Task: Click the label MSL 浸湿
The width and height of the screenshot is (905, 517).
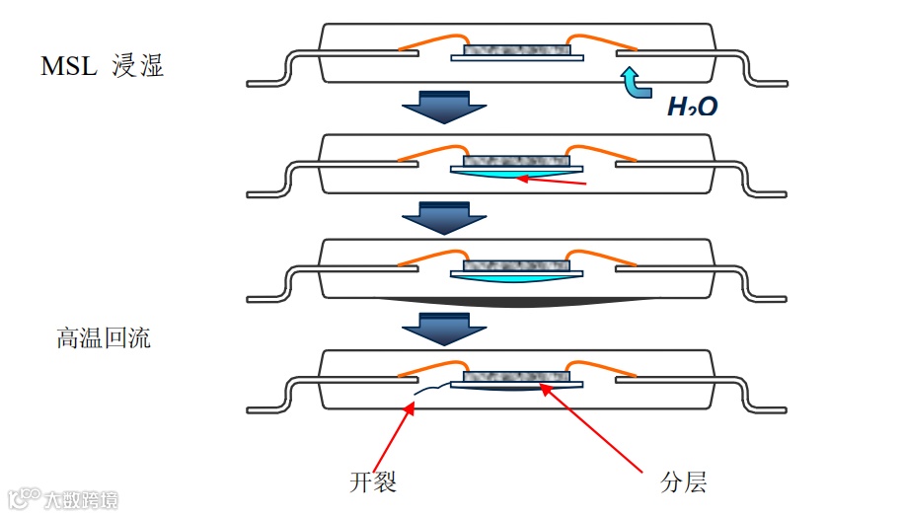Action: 102,66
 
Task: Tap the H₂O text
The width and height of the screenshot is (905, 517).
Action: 692,107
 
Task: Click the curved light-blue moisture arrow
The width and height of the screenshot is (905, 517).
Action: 632,82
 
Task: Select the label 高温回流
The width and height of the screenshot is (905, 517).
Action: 104,338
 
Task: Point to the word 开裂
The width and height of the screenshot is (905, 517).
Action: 373,481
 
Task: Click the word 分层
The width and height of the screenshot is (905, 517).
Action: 683,481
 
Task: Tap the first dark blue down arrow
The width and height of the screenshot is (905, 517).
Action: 445,106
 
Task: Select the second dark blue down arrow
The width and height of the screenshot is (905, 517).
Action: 445,216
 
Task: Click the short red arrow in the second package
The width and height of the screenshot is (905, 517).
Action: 553,181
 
